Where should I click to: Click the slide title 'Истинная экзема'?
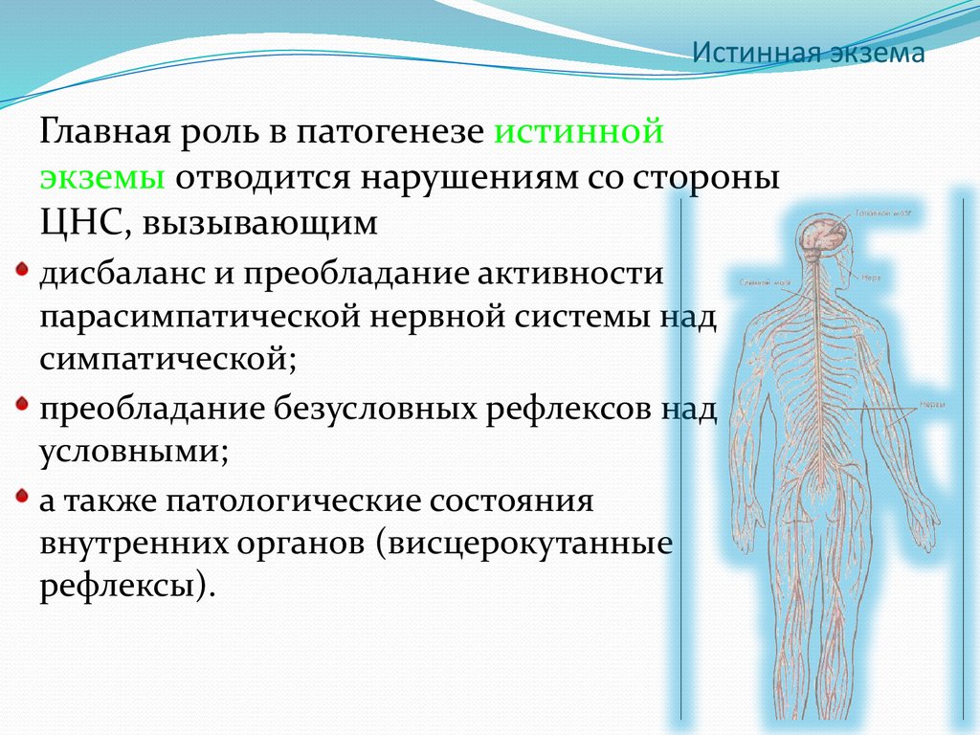pyautogui.click(x=809, y=53)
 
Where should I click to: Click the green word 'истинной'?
pyautogui.click(x=579, y=131)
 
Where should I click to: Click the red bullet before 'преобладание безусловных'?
pyautogui.click(x=23, y=405)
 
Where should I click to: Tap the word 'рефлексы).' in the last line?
pyautogui.click(x=122, y=587)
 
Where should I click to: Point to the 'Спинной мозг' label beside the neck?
pyautogui.click(x=763, y=283)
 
